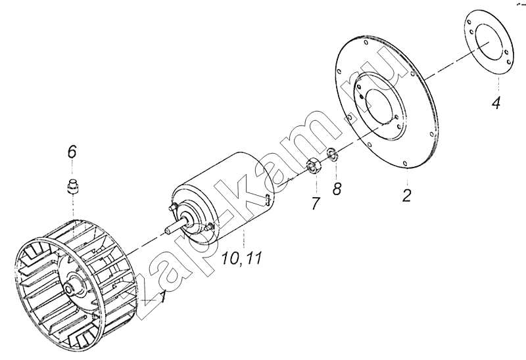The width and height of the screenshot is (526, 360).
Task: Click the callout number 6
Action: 72,152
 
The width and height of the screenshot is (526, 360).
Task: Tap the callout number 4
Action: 496,102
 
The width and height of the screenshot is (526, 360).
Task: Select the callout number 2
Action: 406,195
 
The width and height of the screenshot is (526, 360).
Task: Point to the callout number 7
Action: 315,204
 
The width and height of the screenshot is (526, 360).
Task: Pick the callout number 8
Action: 337,189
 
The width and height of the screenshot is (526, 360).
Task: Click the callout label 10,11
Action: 241,258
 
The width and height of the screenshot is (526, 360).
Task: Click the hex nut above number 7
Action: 314,167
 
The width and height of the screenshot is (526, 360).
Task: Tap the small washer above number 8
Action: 333,154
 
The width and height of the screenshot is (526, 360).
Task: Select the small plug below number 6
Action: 72,186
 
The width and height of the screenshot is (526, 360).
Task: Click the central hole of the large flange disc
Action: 379,106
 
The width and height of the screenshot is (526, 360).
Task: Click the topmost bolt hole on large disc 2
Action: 365,42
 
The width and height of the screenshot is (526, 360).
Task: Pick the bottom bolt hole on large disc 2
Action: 405,163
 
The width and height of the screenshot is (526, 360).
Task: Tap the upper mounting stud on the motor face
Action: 173,207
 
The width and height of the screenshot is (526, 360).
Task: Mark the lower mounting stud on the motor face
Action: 208,227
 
